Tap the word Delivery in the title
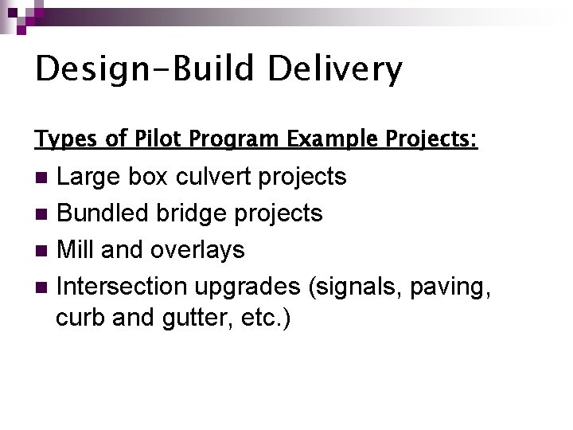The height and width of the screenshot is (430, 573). point(335,70)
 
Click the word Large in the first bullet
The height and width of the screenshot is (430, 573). point(91,177)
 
